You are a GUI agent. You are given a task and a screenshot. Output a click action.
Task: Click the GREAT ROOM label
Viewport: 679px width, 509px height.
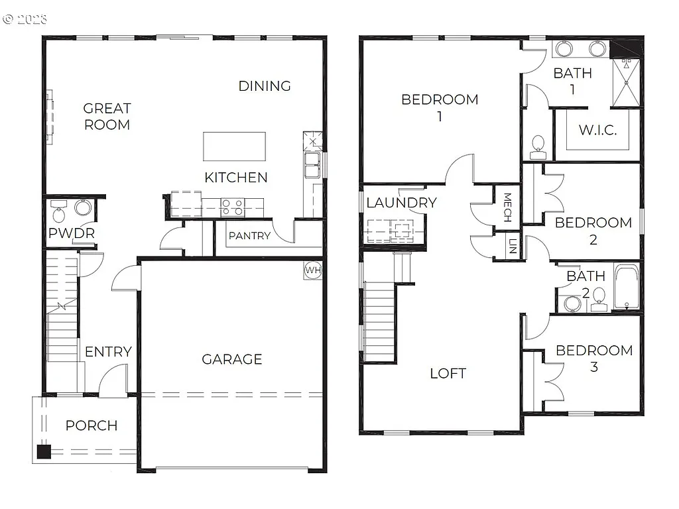pos(107,116)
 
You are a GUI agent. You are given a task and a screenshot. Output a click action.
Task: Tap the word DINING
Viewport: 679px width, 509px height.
pos(265,86)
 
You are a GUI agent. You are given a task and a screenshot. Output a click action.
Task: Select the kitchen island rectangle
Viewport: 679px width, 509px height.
pos(234,146)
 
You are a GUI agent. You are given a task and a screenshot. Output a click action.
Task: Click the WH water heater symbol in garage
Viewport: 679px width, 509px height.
pos(313,270)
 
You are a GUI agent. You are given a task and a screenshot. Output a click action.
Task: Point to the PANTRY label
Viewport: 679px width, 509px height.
pos(249,236)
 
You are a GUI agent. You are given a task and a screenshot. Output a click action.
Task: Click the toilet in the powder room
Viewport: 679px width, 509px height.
pos(59,213)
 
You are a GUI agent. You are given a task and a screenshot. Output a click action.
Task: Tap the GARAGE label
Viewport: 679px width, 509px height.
pos(232,359)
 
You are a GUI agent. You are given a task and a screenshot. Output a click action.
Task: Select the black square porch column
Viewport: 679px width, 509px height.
pos(44,452)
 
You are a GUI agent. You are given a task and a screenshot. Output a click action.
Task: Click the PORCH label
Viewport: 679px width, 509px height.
pos(92,425)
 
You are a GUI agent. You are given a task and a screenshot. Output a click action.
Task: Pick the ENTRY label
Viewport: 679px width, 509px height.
pos(108,352)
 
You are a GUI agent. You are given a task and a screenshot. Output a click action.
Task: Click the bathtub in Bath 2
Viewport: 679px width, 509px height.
pos(626,288)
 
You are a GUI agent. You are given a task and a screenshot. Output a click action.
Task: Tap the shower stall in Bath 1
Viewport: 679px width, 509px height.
pos(626,83)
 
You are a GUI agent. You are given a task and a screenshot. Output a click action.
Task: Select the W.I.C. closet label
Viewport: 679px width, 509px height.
pos(597,130)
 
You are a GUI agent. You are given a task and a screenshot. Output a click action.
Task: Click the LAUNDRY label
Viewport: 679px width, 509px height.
pos(401,203)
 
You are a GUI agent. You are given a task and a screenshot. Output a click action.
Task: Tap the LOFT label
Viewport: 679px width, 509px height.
pos(448,373)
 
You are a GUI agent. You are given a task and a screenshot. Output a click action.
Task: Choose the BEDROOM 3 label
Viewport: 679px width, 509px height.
pos(594,358)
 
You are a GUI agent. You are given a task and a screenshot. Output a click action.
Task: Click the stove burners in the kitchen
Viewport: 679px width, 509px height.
pos(232,207)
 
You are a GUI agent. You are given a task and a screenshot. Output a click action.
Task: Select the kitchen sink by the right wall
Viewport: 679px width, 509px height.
pos(311,166)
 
